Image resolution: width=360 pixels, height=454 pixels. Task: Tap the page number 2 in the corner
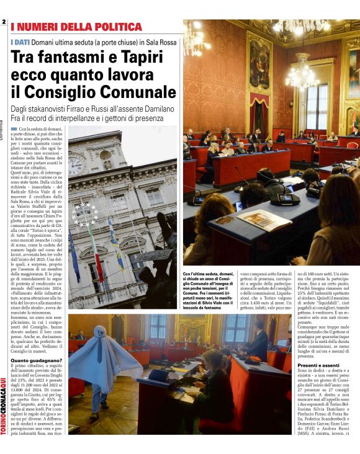[4, 22]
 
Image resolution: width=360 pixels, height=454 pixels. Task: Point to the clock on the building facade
[77, 164]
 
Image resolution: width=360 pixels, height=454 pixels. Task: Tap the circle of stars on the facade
[84, 214]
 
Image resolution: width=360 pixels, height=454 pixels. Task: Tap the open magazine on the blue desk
[264, 220]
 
